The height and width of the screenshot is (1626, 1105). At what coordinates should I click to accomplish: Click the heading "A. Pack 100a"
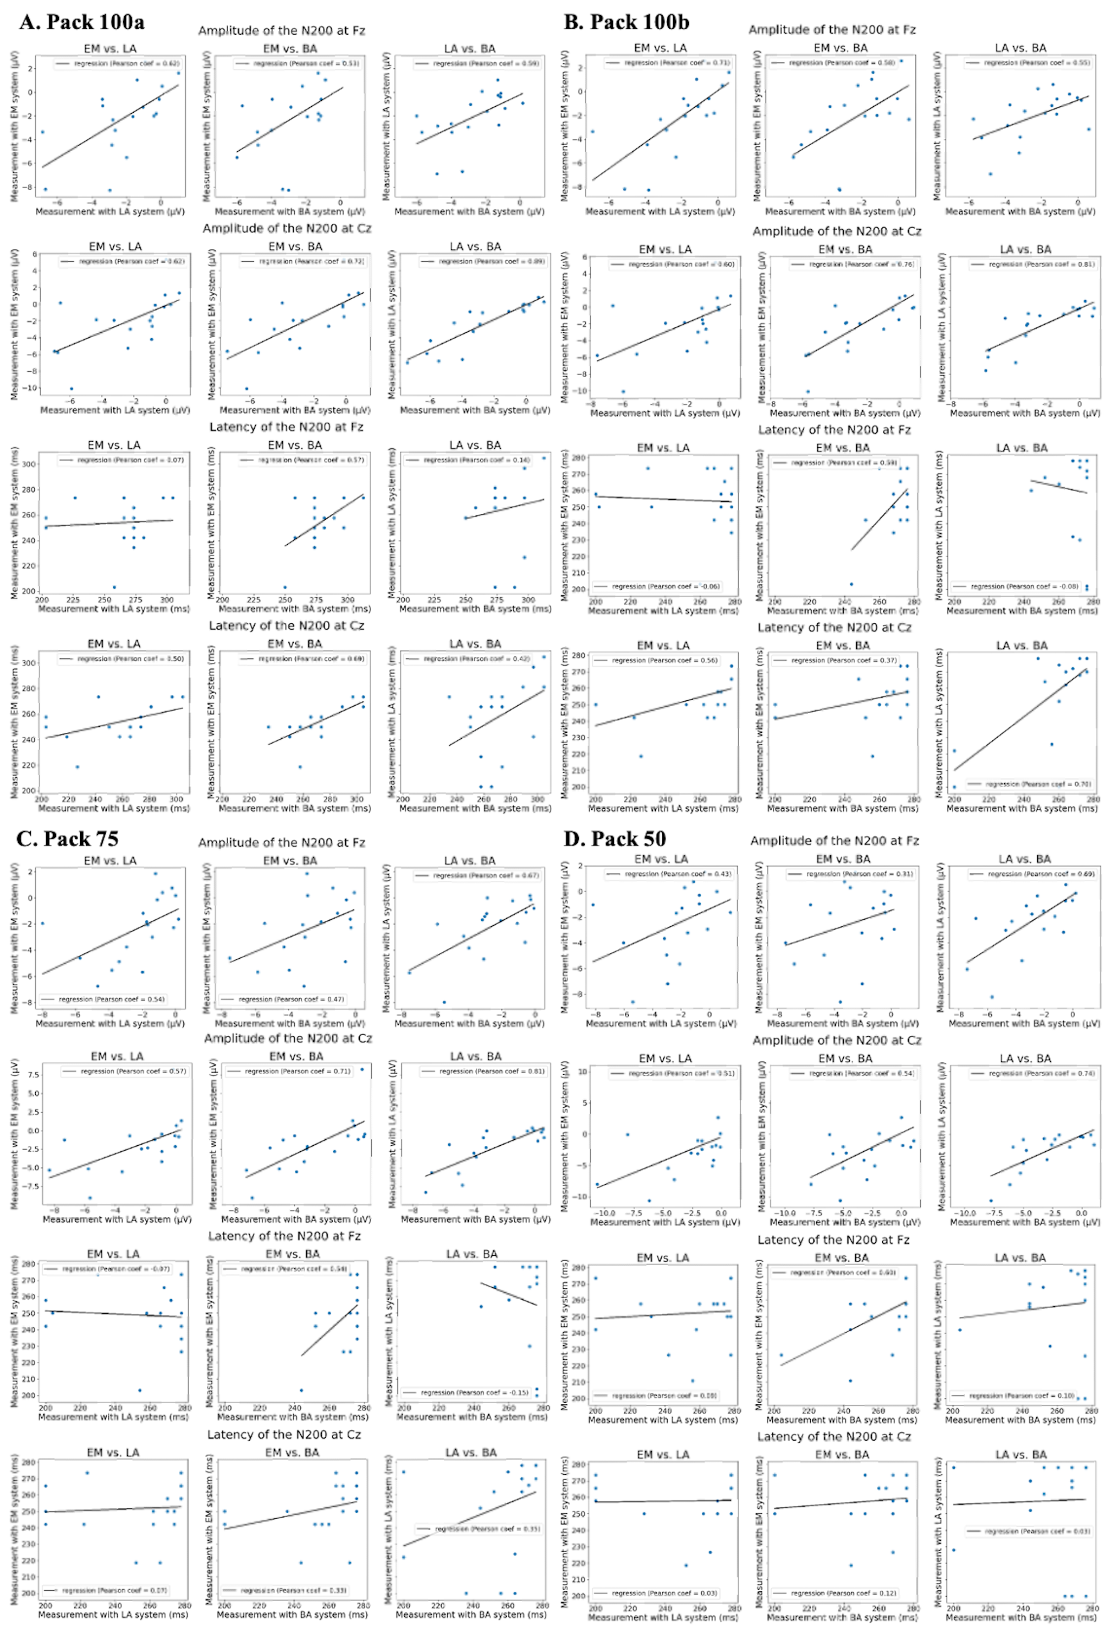pos(82,22)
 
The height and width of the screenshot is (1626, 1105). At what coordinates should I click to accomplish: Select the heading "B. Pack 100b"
pos(626,22)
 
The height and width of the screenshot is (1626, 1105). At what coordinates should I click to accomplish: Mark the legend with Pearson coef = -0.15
pos(465,1392)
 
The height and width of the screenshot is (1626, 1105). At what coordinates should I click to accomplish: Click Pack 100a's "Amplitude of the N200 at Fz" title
pos(281,31)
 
